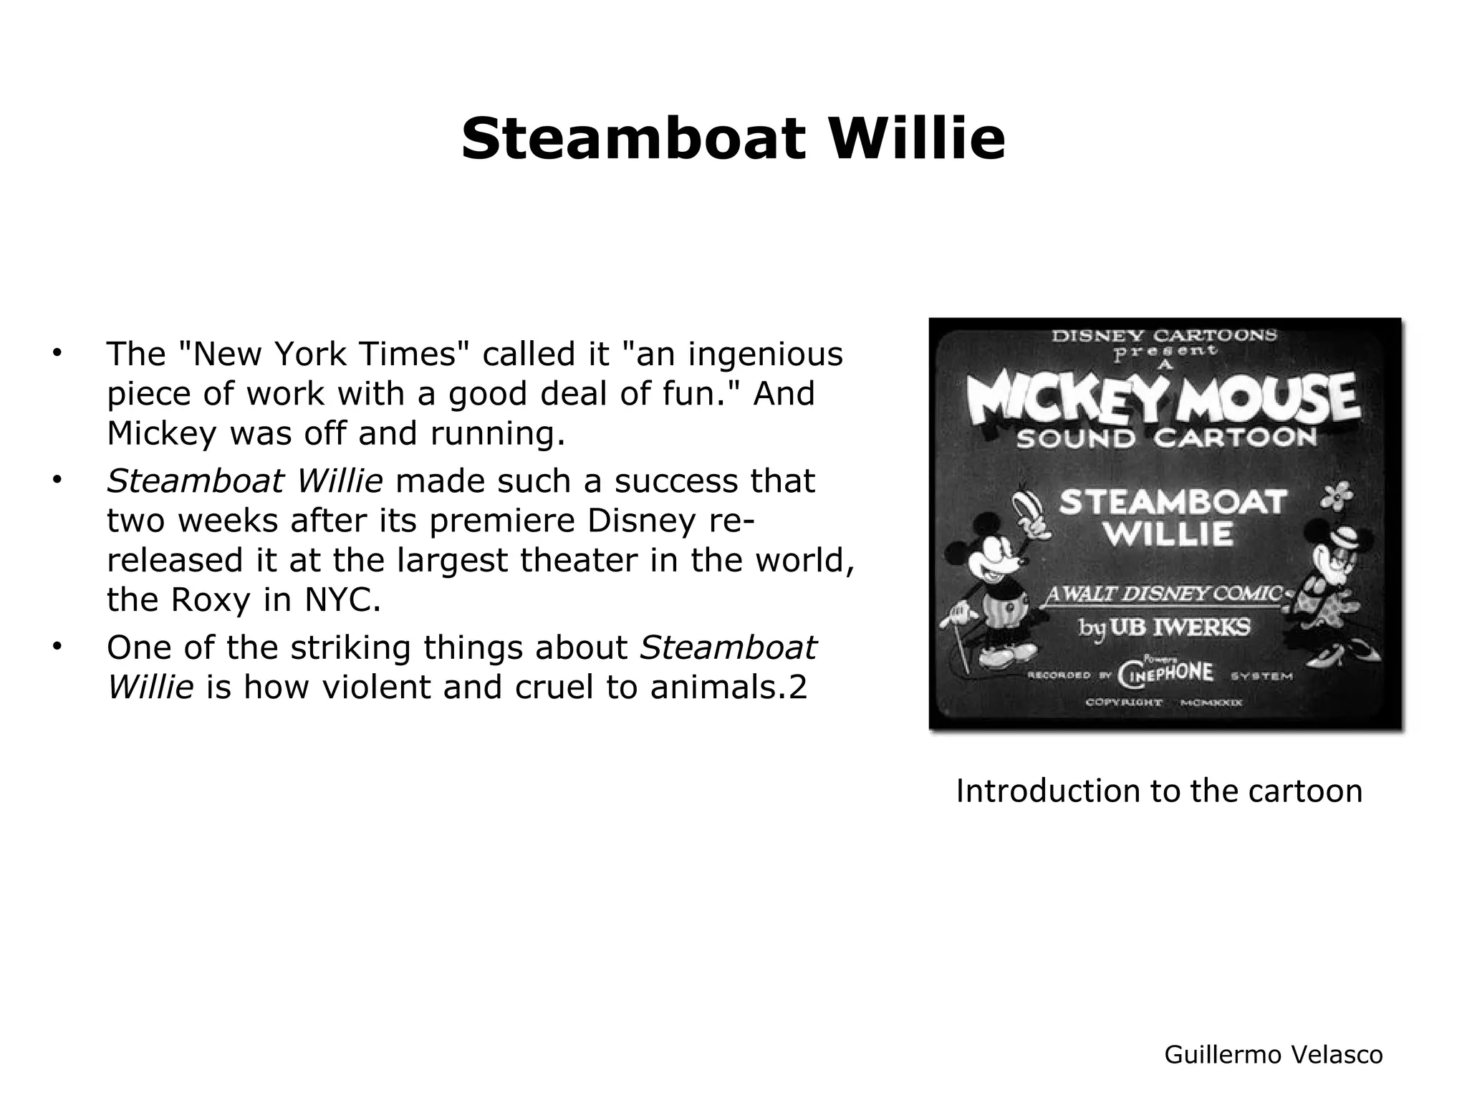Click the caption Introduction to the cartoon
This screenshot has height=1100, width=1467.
pyautogui.click(x=1159, y=791)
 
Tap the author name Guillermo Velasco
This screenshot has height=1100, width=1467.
pyautogui.click(x=1273, y=1054)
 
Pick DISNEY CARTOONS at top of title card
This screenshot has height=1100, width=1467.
pyautogui.click(x=1164, y=335)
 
